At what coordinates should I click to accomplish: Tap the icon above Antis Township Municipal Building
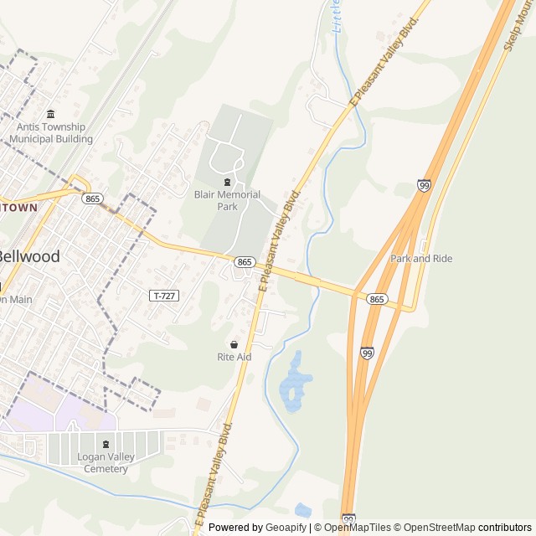tap(51, 114)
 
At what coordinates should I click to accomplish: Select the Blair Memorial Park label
tap(227, 200)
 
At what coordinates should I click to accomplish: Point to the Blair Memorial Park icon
tap(227, 182)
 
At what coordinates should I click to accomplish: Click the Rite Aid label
tap(234, 357)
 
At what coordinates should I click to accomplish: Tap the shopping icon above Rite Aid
tap(234, 344)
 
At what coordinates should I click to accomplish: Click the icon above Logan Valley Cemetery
tap(106, 445)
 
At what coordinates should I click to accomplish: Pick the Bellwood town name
tap(28, 256)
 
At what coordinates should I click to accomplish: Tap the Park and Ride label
tap(421, 259)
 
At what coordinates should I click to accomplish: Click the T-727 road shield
tap(163, 296)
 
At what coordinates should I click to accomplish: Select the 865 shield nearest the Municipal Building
tap(92, 198)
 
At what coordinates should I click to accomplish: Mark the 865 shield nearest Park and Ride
tap(377, 299)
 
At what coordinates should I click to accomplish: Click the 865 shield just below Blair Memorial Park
tap(244, 262)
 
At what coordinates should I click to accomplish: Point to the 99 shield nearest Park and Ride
tap(425, 185)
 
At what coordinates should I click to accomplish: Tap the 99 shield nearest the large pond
tap(368, 353)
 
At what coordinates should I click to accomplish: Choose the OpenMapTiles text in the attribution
tap(358, 528)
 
